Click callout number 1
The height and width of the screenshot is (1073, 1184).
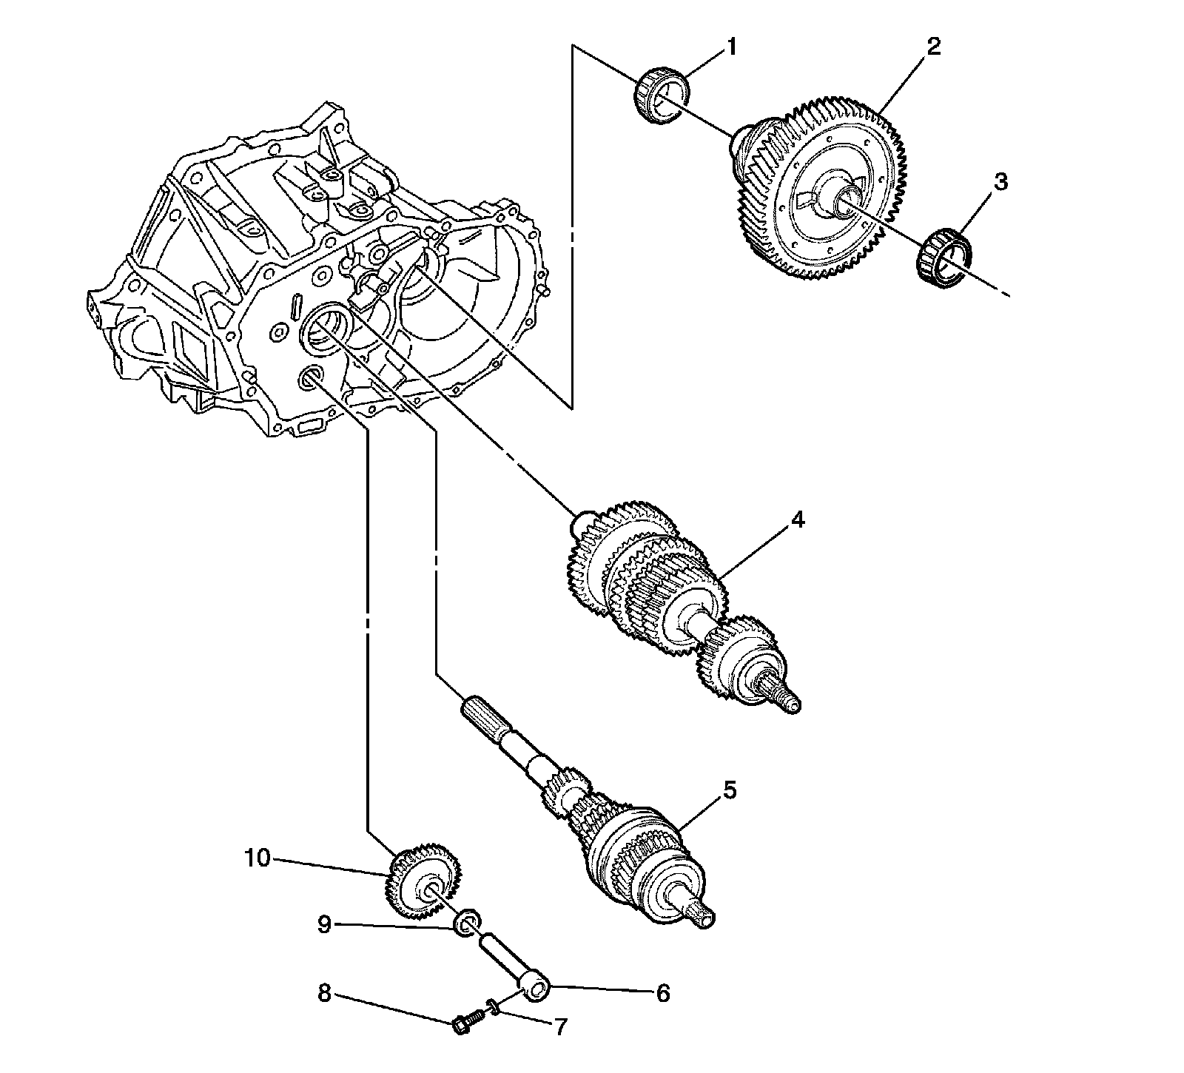731,48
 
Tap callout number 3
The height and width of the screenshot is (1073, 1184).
1000,182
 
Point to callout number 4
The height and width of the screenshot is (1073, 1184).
796,520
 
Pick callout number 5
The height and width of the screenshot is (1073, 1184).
730,790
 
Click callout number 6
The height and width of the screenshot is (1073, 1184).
662,993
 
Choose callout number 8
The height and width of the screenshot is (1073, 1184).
324,994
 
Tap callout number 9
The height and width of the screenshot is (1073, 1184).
324,926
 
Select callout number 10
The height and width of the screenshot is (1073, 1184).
259,858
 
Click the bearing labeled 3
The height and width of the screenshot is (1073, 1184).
943,256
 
